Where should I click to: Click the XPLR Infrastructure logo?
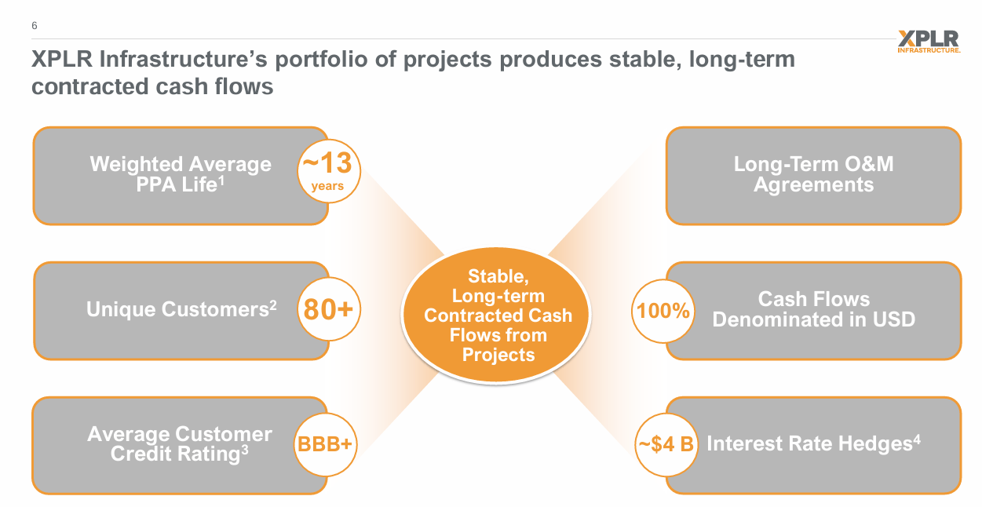click(x=929, y=41)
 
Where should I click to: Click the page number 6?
click(x=35, y=26)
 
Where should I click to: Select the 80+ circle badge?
click(x=327, y=310)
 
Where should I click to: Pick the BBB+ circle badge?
click(x=325, y=445)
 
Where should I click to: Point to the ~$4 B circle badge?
click(x=665, y=445)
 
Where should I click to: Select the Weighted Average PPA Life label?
click(x=181, y=175)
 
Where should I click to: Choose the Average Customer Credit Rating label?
click(x=180, y=444)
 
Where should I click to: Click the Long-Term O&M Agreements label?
click(x=813, y=175)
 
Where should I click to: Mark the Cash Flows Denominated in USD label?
click(x=813, y=310)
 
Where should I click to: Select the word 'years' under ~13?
click(x=327, y=187)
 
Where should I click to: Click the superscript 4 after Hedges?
click(x=916, y=438)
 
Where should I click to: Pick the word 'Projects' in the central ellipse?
click(x=498, y=355)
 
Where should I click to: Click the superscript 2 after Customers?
click(x=273, y=305)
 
